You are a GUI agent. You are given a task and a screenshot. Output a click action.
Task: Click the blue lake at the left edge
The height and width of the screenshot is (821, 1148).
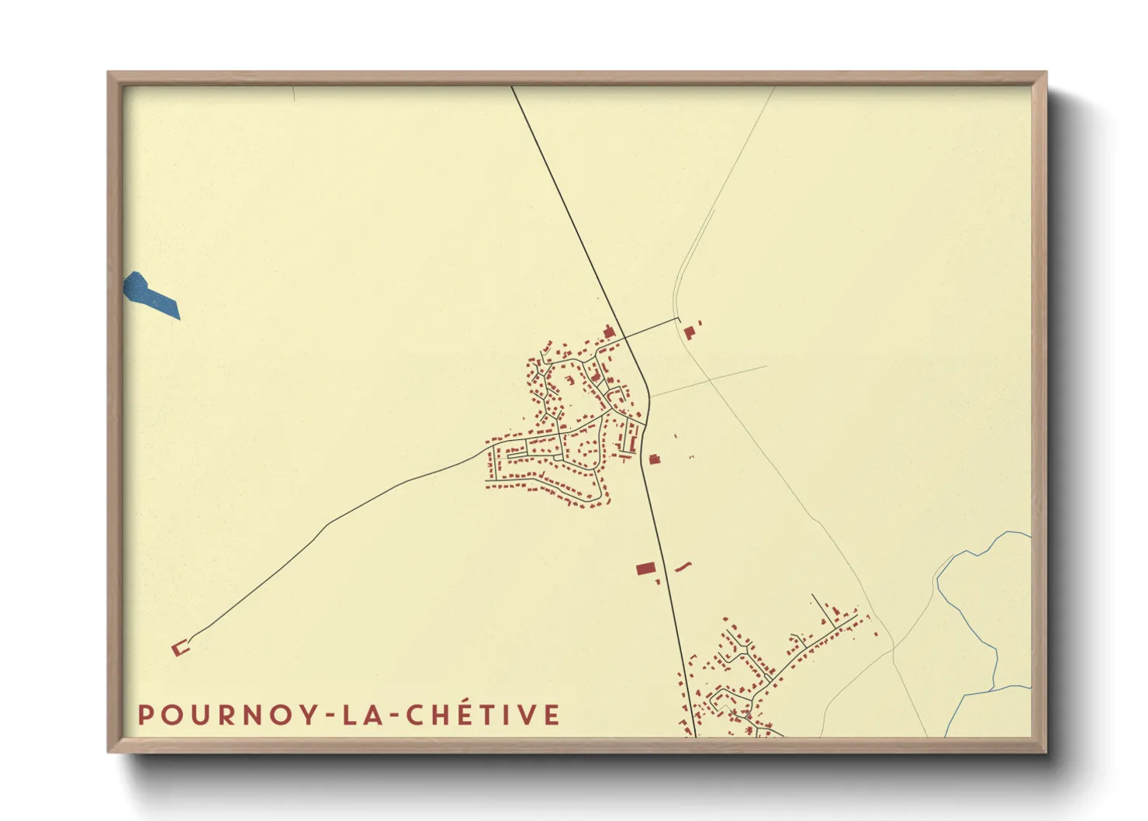151,295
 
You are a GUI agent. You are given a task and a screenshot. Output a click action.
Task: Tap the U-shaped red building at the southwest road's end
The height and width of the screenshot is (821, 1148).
180,648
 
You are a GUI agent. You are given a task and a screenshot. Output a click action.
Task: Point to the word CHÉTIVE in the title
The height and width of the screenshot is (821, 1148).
482,715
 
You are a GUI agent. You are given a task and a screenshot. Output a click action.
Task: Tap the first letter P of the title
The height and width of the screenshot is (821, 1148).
145,715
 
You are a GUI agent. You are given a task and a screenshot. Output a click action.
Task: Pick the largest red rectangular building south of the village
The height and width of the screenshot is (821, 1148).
645,569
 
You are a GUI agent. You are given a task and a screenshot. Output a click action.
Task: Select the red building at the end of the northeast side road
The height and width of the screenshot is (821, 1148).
688,332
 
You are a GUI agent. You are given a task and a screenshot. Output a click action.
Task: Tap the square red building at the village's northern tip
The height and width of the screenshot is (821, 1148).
609,332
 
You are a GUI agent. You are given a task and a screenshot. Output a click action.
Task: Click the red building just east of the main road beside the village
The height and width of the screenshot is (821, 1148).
654,459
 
